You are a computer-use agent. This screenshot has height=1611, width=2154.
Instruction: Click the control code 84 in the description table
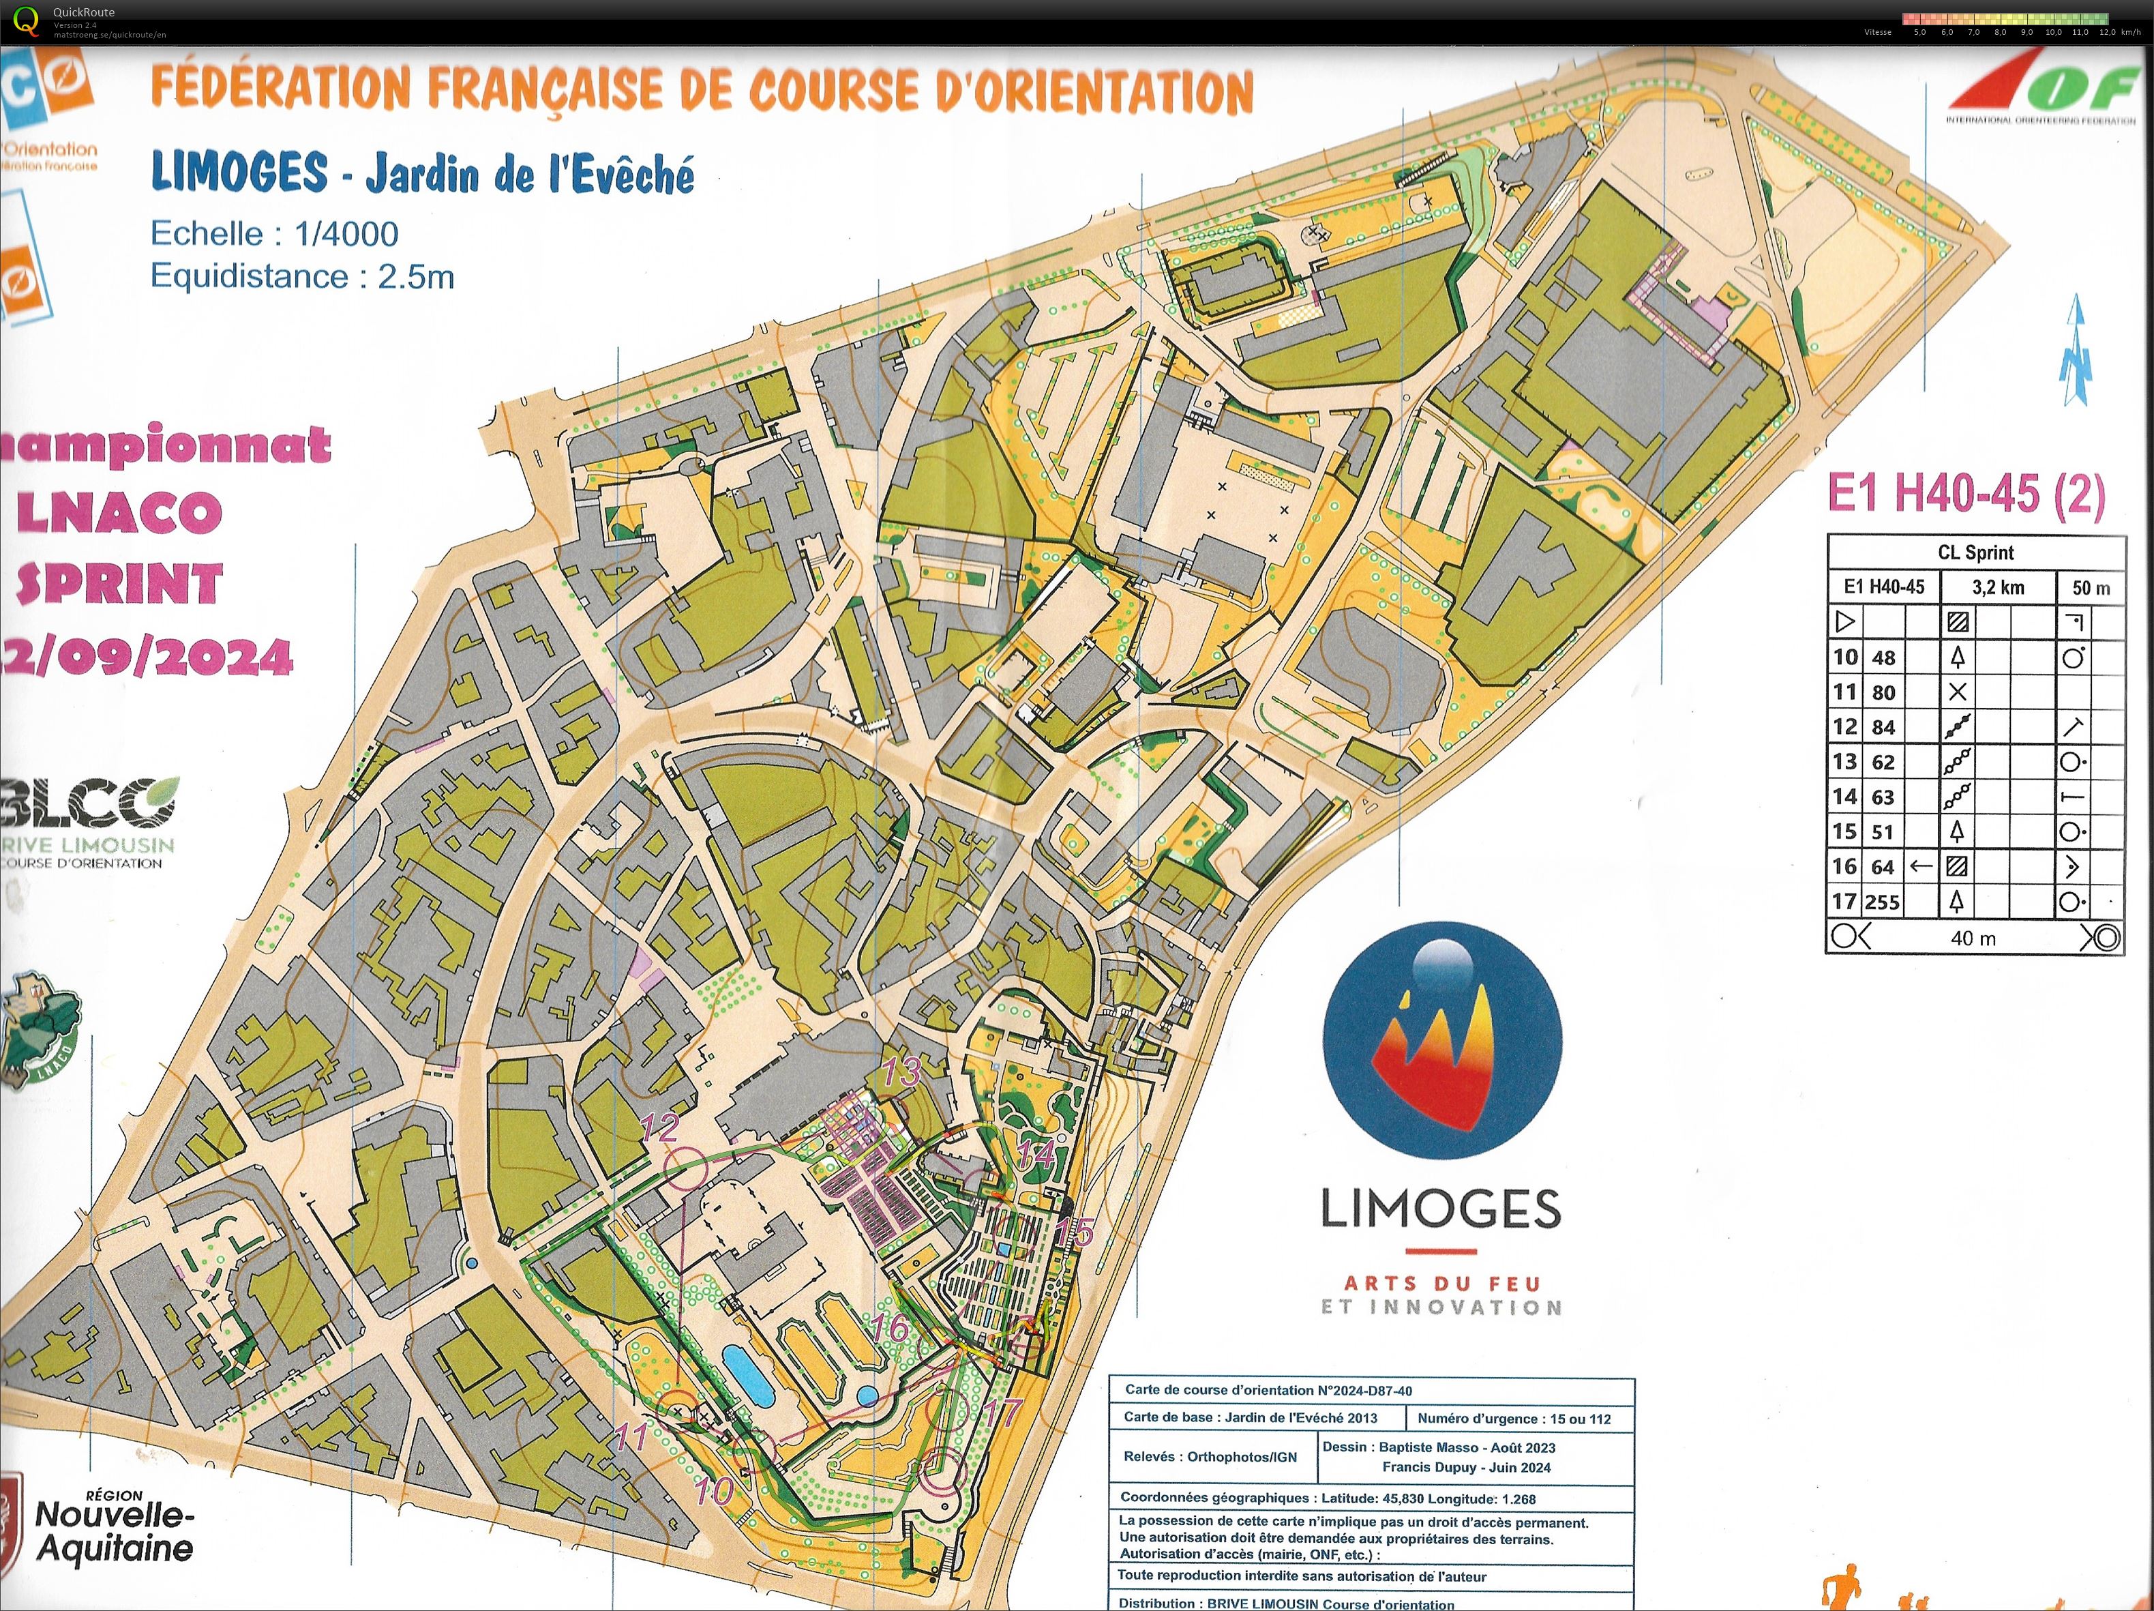1883,726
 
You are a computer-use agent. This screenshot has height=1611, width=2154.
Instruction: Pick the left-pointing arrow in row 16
1920,866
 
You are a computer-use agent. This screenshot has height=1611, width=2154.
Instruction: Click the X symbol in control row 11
1958,692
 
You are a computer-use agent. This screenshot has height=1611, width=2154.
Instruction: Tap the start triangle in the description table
1844,621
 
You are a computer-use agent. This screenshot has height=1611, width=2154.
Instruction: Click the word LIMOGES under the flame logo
1440,1209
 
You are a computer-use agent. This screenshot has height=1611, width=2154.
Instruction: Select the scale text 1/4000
346,234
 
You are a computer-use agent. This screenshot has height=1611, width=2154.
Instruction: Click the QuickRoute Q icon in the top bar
27,20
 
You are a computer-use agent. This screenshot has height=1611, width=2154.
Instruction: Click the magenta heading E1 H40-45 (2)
1965,493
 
